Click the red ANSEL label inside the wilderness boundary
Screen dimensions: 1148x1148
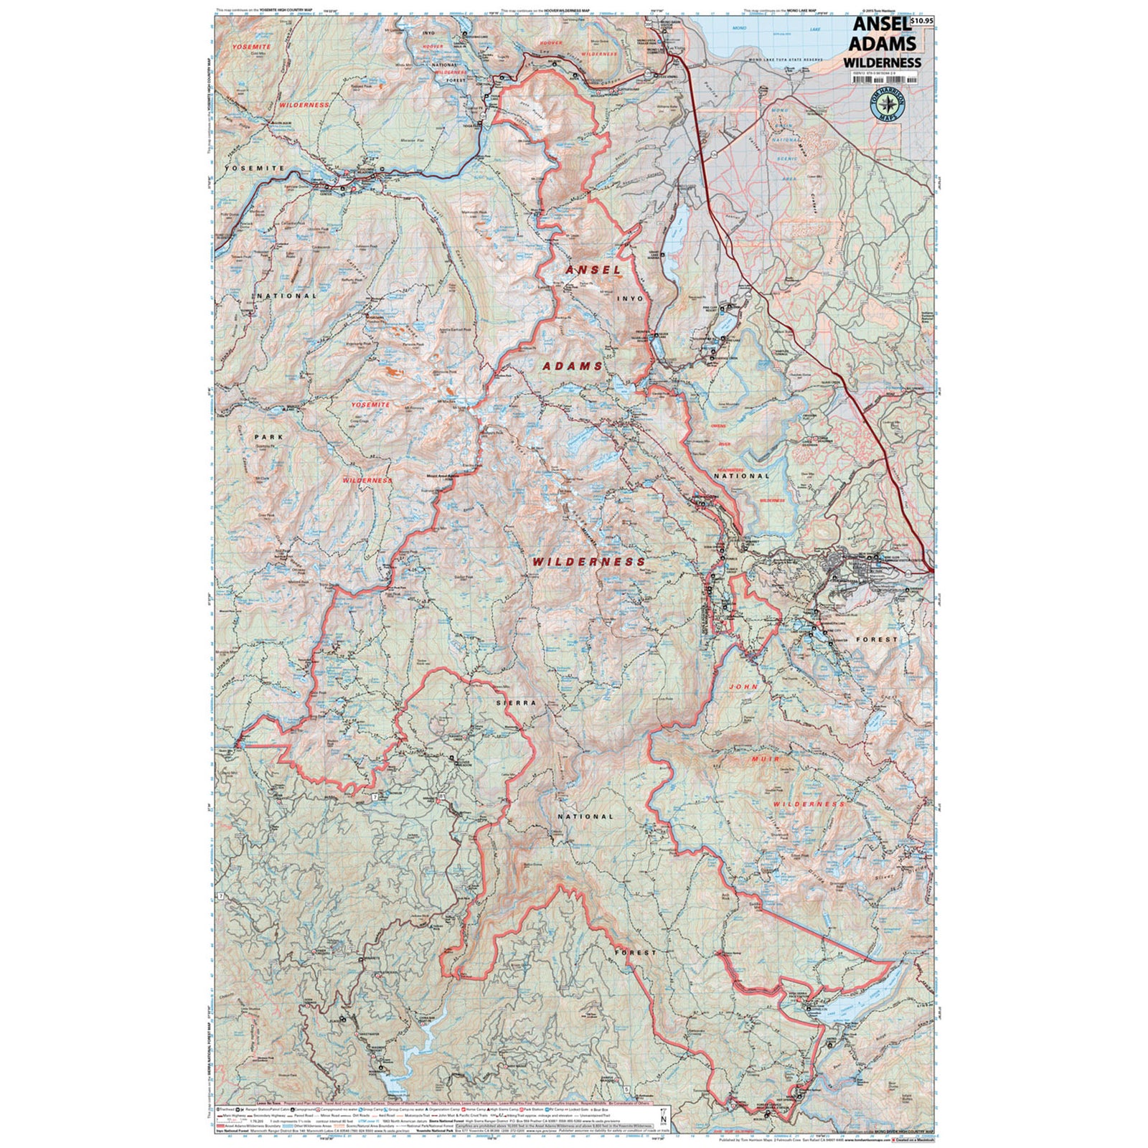(593, 270)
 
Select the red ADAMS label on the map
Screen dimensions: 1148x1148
(573, 366)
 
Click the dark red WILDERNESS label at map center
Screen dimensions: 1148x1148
(588, 562)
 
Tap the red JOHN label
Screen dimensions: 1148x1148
(744, 687)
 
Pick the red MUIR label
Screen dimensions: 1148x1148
(764, 758)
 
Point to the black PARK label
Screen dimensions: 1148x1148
(268, 436)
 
